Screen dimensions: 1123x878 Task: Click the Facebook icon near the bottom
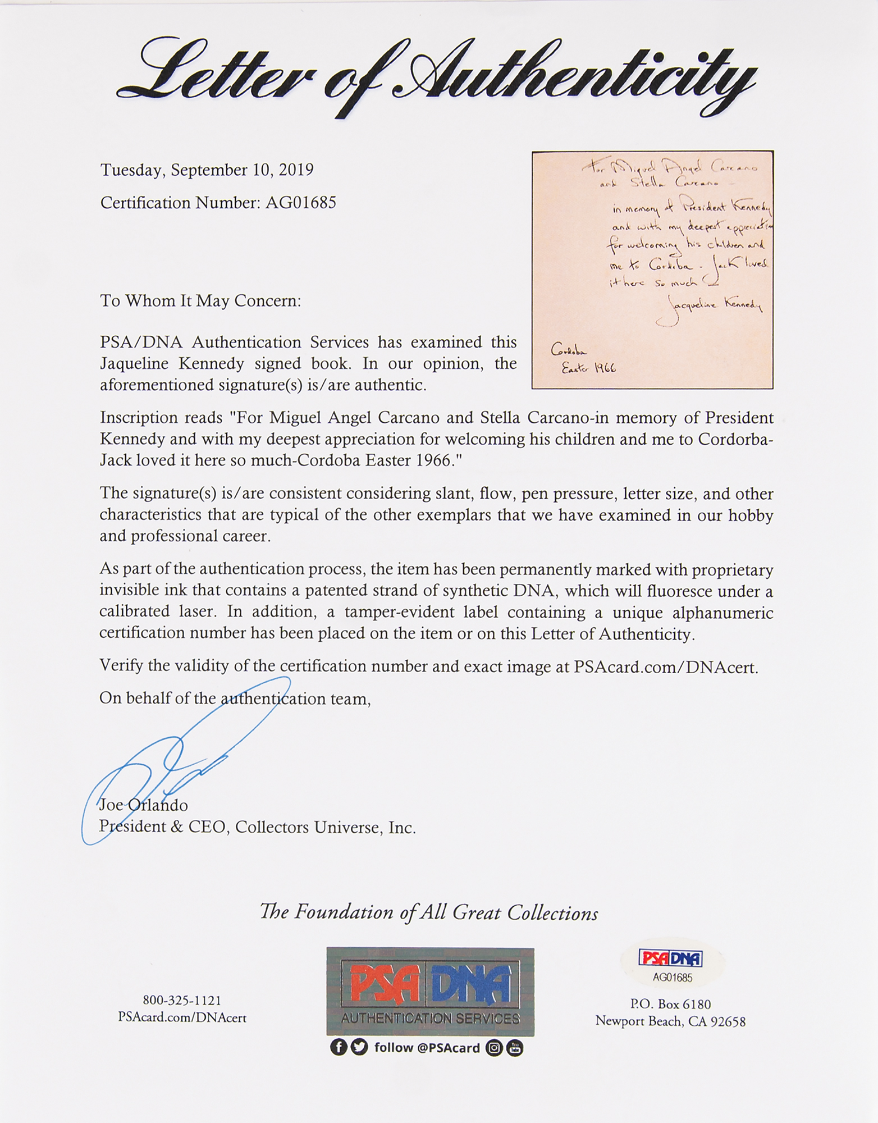point(338,1048)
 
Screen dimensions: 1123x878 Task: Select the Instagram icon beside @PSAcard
point(493,1048)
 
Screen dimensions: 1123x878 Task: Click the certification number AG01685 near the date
point(300,203)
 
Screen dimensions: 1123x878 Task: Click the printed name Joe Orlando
point(144,805)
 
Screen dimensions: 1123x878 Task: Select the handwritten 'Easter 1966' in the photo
point(588,368)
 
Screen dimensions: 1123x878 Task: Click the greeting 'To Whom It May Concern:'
point(200,301)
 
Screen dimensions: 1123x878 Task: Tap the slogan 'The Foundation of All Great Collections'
point(429,912)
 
